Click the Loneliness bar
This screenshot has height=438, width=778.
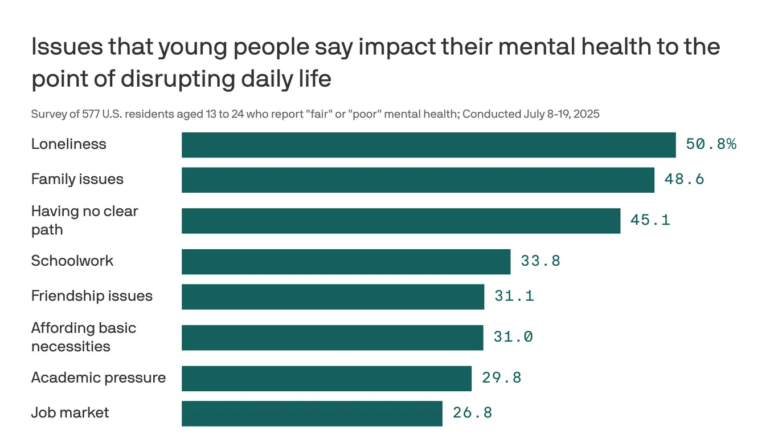[x=428, y=145]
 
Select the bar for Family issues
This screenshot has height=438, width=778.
[x=417, y=180]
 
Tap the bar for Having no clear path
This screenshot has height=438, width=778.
[x=400, y=221]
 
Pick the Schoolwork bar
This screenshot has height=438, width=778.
[x=346, y=262]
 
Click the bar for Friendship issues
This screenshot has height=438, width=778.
[x=333, y=297]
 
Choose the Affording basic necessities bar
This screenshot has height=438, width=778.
[x=332, y=338]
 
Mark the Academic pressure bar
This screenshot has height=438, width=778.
[x=326, y=378]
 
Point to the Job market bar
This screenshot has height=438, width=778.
[x=312, y=413]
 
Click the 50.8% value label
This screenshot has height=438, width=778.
[x=711, y=144]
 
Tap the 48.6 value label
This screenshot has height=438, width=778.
[x=684, y=180]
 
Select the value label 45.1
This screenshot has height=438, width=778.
[x=650, y=220]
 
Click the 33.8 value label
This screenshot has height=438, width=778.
[x=540, y=261]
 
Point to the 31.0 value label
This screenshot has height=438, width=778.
[x=513, y=337]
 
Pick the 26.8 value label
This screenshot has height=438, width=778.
[x=472, y=413]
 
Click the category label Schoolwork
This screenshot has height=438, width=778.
[x=72, y=261]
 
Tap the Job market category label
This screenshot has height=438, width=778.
[x=70, y=413]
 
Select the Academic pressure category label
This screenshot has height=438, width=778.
[x=99, y=378]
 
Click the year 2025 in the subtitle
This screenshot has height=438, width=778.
[x=587, y=114]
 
